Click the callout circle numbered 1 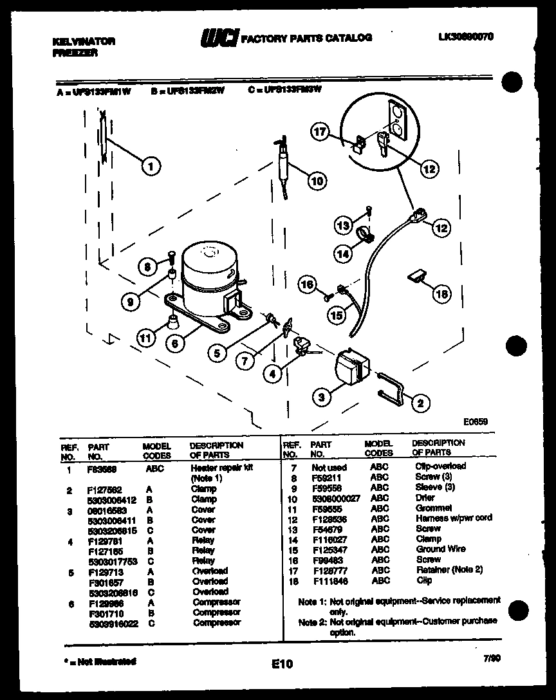150,167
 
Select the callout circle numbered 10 315,181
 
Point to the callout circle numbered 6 173,344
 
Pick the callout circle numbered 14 344,253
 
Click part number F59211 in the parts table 326,477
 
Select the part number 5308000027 336,498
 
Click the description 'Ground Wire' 440,549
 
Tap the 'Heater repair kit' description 212,468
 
